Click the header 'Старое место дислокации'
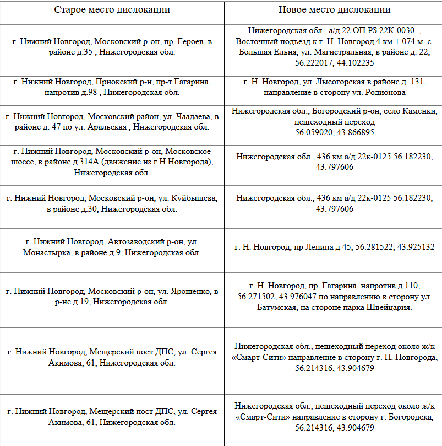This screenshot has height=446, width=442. (112, 10)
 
